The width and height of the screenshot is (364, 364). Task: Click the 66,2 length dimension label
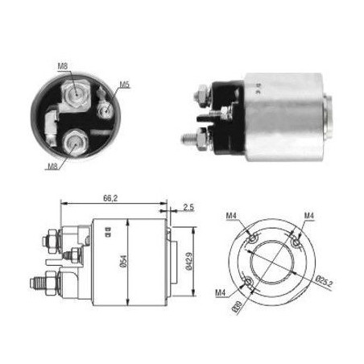(x=110, y=198)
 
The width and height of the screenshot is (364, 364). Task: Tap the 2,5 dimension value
(x=188, y=207)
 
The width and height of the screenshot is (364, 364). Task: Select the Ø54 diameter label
(x=123, y=261)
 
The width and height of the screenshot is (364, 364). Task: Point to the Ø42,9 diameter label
(x=188, y=262)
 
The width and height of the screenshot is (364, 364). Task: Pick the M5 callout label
(x=124, y=85)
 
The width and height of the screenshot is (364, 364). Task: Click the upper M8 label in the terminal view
(x=63, y=66)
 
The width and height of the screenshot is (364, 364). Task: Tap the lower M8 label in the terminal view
(x=52, y=167)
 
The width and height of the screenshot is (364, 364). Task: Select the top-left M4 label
(x=231, y=216)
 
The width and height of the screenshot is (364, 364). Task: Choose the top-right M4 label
(x=309, y=215)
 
